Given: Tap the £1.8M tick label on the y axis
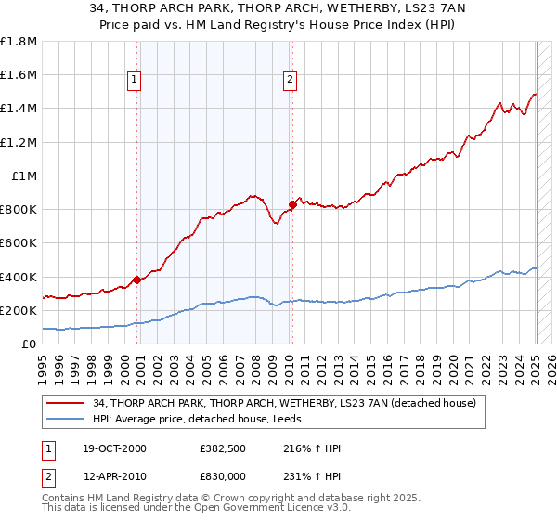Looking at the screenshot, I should pyautogui.click(x=19, y=42).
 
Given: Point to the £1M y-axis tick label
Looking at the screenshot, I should pyautogui.click(x=23, y=175).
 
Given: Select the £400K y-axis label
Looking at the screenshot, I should pyautogui.click(x=19, y=277).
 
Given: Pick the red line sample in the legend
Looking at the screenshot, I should pyautogui.click(x=66, y=403).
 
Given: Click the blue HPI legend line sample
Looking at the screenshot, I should pyautogui.click(x=66, y=418).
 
